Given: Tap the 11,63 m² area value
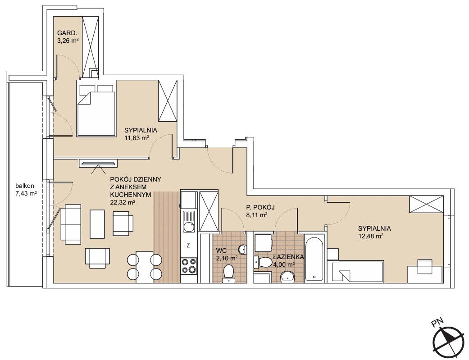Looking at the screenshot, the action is [137, 138].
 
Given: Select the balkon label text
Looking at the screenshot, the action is [25, 185].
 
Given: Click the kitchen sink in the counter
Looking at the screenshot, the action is [189, 222].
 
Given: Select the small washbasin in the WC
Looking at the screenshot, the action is [243, 249].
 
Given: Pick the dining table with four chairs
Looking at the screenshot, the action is [145, 266].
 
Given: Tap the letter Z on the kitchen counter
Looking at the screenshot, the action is [188, 246].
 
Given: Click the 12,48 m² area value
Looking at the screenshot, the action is [371, 236].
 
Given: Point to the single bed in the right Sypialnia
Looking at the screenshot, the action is [355, 272].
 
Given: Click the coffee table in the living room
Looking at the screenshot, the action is [97, 224].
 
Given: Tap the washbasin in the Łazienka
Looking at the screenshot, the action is [287, 277].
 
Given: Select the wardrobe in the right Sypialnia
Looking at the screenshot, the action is [426, 204].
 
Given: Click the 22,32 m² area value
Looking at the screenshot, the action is [123, 202].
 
